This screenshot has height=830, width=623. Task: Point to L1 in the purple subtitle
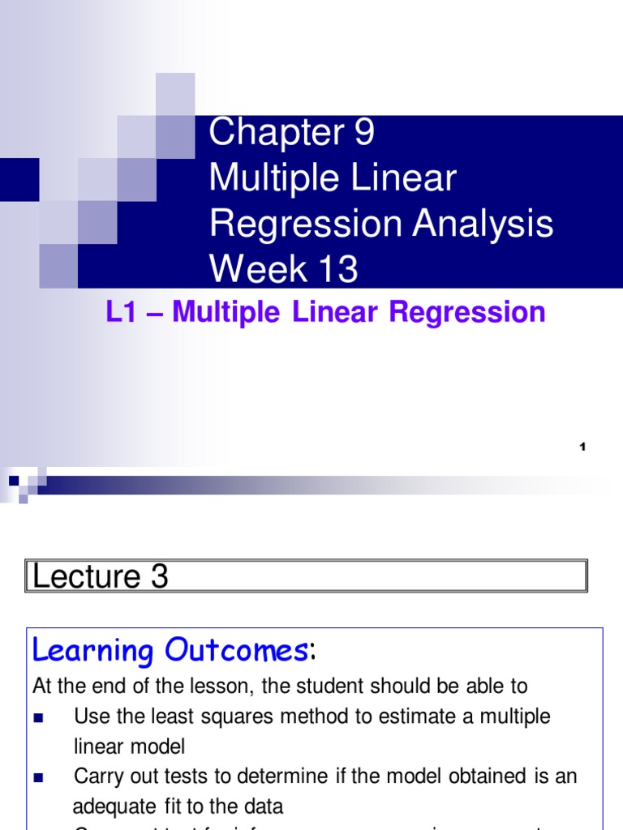pyautogui.click(x=118, y=313)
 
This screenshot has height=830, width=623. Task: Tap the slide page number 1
pyautogui.click(x=582, y=447)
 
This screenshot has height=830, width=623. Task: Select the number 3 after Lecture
pyautogui.click(x=159, y=576)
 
